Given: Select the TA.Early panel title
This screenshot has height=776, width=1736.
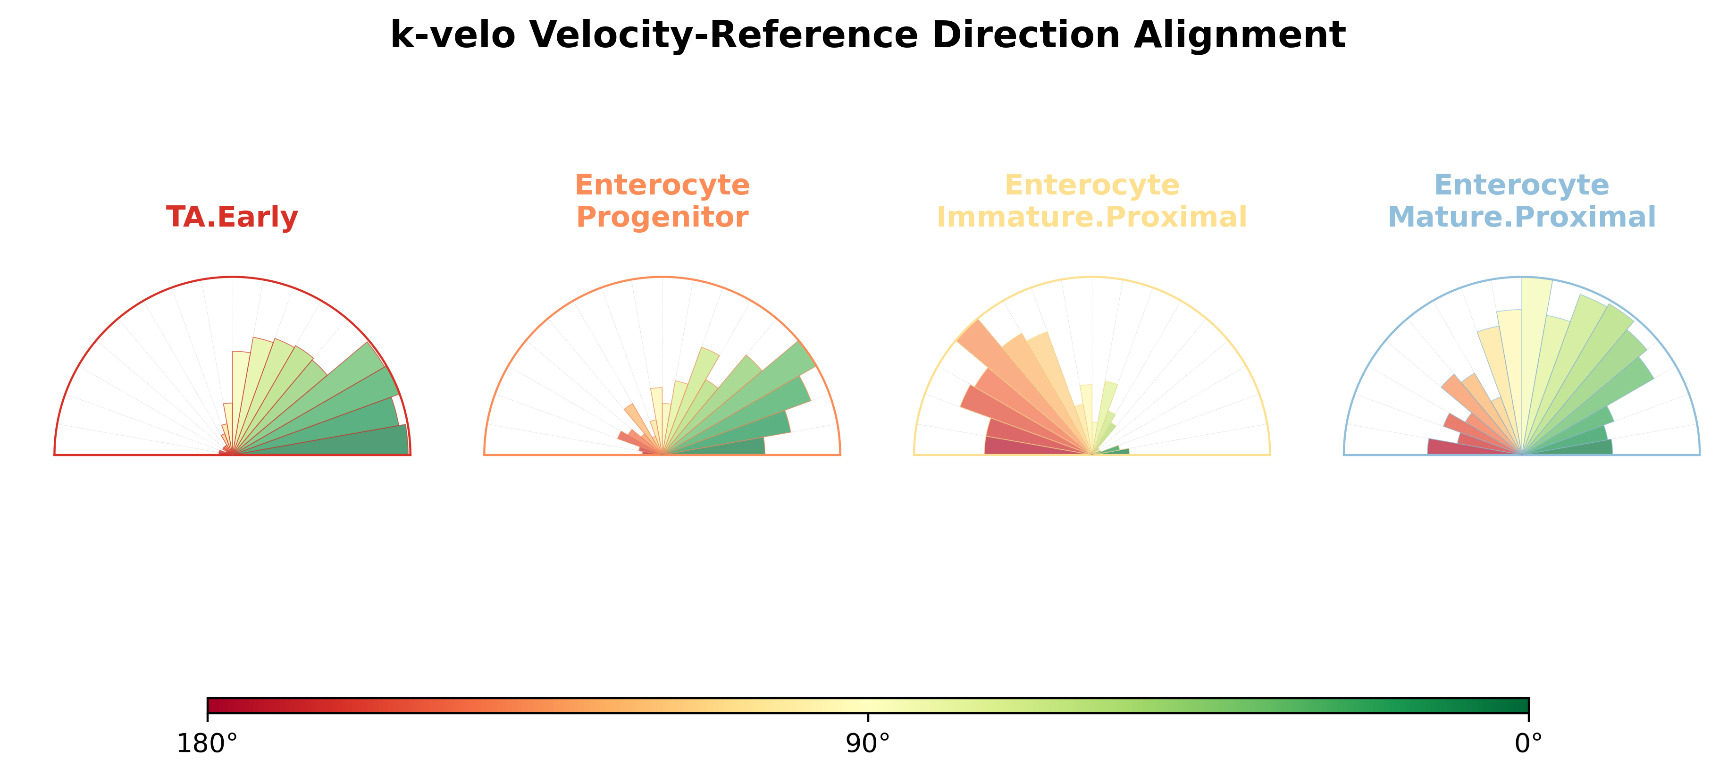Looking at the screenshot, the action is coord(232,217).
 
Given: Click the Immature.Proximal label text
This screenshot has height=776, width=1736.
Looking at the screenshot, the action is coord(1092,217).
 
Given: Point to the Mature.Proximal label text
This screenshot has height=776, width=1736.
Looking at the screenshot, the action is coord(1522,217).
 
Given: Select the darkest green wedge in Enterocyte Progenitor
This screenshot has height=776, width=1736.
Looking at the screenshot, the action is coord(714,447).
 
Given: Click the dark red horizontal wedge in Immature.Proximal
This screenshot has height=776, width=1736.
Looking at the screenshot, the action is coord(1038,447).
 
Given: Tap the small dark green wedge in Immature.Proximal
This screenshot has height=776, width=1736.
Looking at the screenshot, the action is coord(1112,452).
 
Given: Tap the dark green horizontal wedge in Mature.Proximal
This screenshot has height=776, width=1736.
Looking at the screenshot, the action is coord(1568,447).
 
